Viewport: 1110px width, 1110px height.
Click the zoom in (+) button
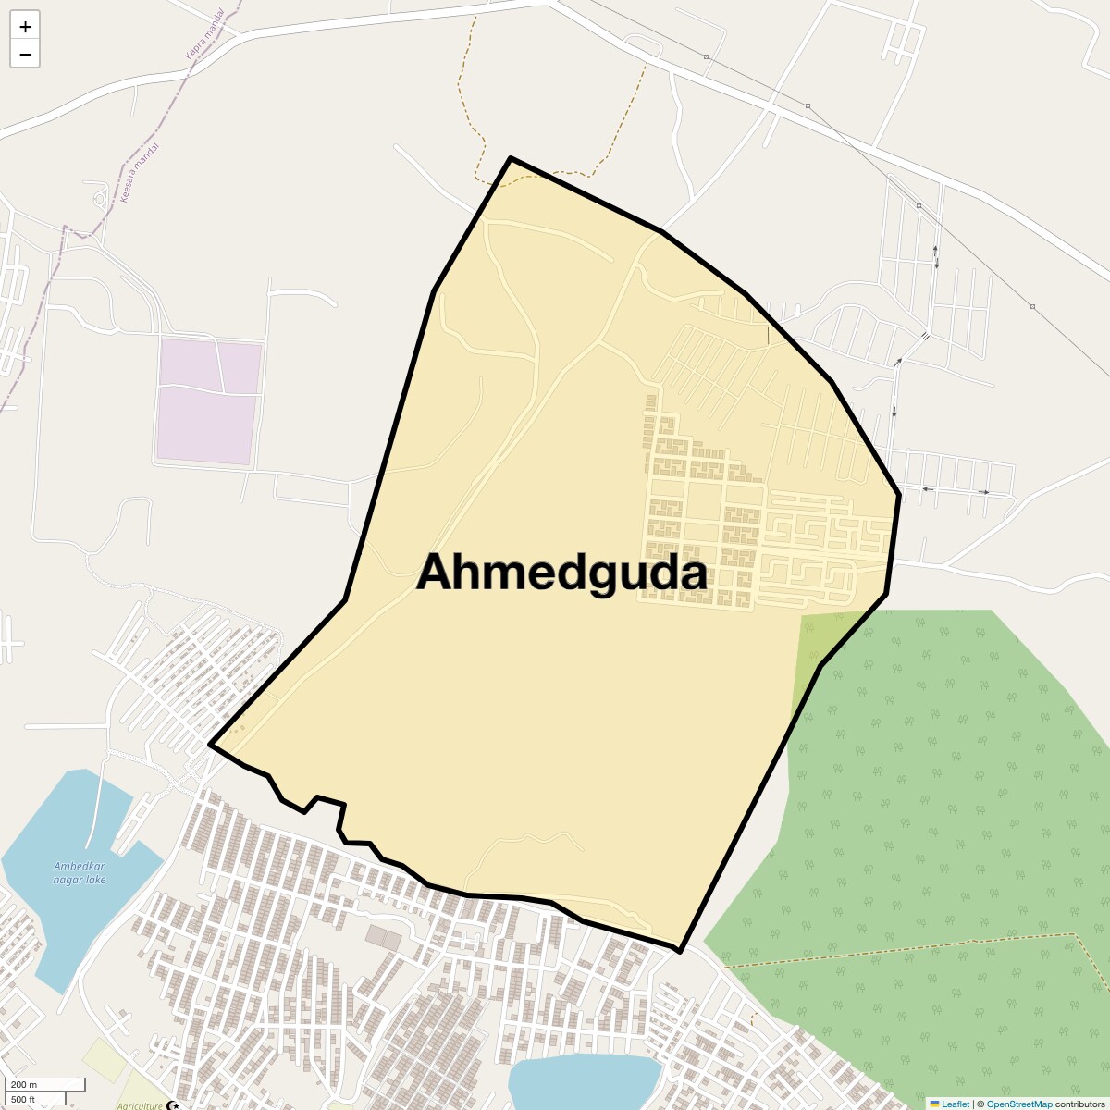25,27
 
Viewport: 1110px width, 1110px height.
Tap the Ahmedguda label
561,573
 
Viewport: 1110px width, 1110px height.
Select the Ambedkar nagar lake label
79,872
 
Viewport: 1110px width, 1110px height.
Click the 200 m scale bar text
24,1084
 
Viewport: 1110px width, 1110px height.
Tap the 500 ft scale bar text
23,1099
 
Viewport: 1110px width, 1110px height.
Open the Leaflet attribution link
956,1104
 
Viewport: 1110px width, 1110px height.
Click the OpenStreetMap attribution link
1018,1104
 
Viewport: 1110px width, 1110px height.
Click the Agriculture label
140,1105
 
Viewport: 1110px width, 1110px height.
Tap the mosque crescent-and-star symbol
172,1104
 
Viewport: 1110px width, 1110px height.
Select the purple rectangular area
207,400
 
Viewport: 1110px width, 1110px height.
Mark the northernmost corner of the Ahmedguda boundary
511,158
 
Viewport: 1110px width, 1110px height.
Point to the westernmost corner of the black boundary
211,744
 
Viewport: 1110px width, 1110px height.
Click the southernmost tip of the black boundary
680,951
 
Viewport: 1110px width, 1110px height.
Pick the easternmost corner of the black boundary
899,495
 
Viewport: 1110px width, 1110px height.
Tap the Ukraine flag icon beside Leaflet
934,1104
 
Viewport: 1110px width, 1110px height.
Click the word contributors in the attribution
1079,1104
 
